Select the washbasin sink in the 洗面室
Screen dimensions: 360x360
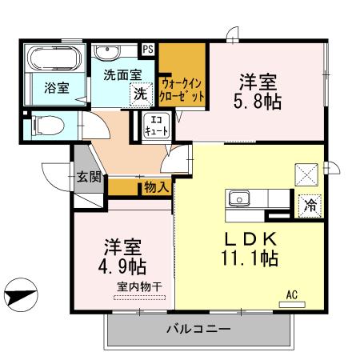(106, 53)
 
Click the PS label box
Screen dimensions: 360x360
(148, 50)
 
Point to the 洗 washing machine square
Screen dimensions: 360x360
(140, 93)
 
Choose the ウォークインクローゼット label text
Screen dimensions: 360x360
(182, 89)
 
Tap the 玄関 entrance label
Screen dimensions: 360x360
(88, 178)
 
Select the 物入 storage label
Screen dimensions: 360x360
(156, 187)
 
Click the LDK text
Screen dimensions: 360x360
(250, 238)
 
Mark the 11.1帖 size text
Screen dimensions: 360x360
(250, 259)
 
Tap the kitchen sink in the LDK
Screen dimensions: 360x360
(240, 198)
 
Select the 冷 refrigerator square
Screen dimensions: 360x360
(309, 205)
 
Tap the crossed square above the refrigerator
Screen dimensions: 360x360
(307, 174)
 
